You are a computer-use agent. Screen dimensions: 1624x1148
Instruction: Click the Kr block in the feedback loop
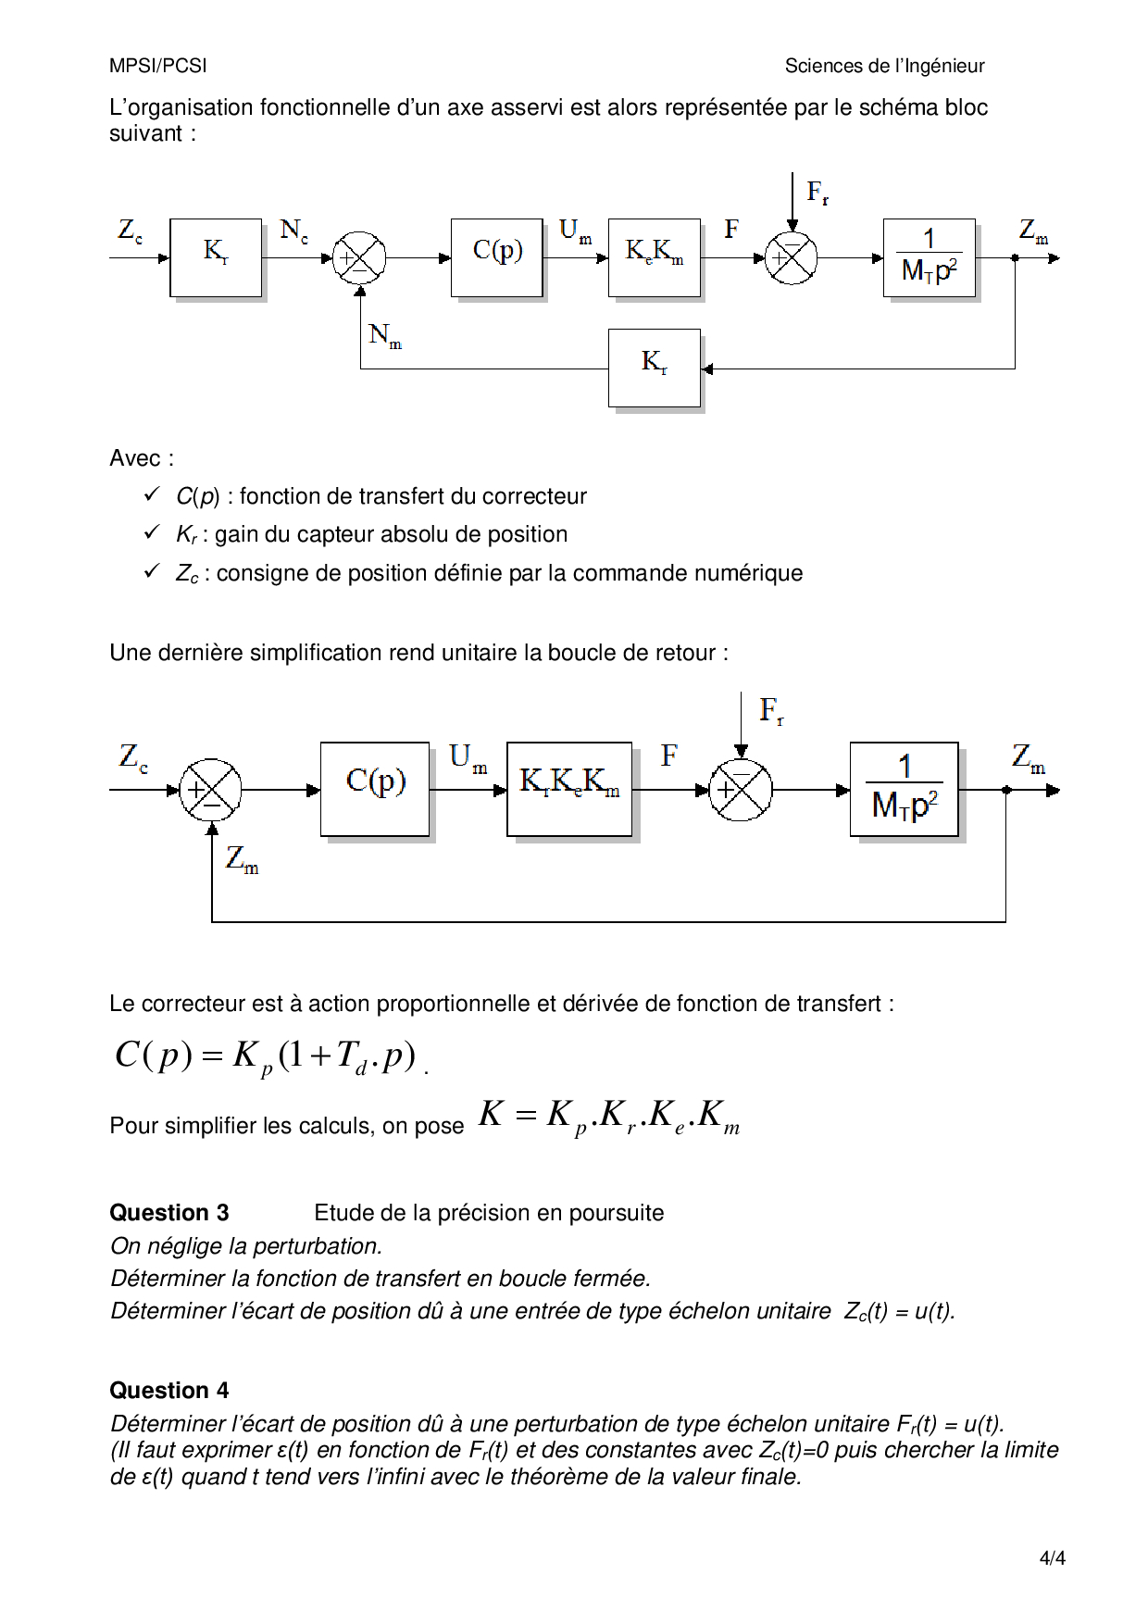pos(654,368)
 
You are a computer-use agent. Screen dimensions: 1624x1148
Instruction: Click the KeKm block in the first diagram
pos(654,257)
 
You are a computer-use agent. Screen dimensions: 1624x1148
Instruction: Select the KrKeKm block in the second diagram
pos(569,789)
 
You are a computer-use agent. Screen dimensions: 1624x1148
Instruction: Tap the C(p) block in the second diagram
pos(375,789)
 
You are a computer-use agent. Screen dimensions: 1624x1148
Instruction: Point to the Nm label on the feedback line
pos(384,335)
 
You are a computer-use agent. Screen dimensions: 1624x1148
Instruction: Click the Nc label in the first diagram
pos(293,231)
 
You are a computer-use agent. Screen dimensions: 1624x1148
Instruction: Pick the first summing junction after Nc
pos(359,257)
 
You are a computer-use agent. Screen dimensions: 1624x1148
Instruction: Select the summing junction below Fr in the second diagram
pos(740,790)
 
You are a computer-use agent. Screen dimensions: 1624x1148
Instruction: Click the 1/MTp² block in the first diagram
pos(929,257)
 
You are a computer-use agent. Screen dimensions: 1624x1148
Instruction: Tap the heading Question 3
pos(169,1213)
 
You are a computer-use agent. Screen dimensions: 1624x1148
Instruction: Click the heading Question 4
pos(169,1391)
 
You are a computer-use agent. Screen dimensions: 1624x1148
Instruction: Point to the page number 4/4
pos(1052,1558)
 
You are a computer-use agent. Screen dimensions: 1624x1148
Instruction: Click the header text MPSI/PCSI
pos(158,66)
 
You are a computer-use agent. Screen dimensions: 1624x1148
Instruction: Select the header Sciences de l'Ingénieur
pos(884,66)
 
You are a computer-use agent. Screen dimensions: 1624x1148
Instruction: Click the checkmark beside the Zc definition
pos(153,572)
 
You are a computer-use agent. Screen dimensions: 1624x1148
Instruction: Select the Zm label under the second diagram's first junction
pos(242,859)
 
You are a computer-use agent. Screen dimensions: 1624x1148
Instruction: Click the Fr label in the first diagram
pos(817,193)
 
